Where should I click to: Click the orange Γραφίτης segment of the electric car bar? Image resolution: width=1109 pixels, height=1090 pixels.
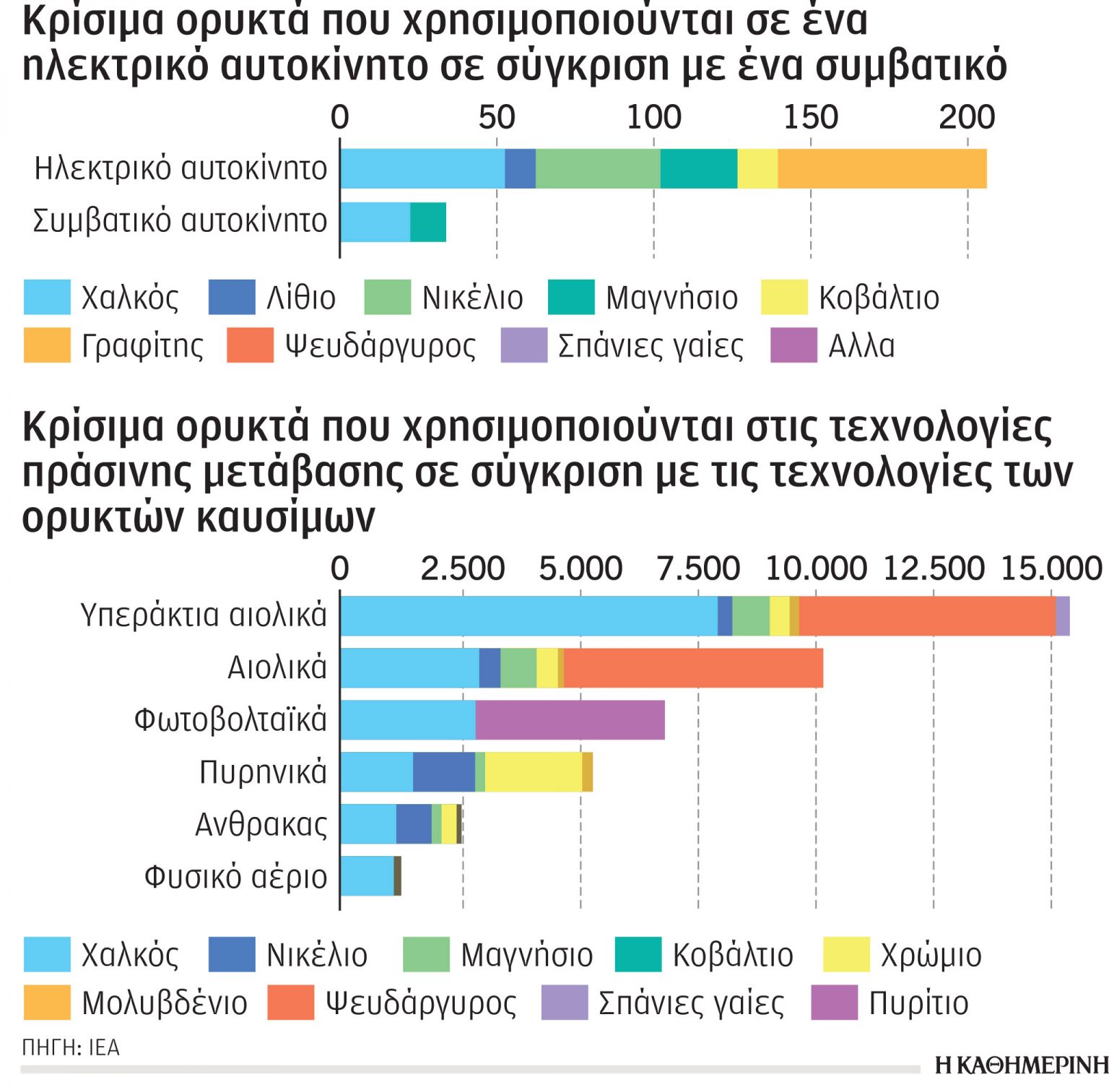pos(882,168)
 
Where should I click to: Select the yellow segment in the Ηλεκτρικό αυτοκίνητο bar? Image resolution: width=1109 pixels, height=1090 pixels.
pos(757,168)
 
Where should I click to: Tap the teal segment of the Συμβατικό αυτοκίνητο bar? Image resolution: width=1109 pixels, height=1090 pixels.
pos(427,222)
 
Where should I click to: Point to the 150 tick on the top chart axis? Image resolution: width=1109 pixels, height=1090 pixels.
pos(810,117)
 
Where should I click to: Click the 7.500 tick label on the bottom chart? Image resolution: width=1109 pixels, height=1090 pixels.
pos(697,569)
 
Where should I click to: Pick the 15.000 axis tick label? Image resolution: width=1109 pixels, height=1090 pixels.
pos(1051,569)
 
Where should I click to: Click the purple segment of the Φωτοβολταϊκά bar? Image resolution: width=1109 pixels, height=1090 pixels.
pos(570,719)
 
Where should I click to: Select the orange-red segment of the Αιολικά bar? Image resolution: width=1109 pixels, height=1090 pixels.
pos(693,667)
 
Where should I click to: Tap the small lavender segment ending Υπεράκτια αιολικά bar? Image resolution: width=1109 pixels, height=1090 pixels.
pos(1062,615)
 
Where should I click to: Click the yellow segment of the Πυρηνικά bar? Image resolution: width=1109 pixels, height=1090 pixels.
pos(533,771)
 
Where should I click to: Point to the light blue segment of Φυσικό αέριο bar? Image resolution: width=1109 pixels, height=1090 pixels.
pos(367,875)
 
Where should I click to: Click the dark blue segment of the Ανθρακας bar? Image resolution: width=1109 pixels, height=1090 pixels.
pos(414,823)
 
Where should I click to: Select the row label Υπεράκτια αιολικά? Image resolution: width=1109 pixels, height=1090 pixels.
pos(204,615)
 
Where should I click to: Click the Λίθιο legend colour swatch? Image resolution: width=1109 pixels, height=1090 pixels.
pos(232,298)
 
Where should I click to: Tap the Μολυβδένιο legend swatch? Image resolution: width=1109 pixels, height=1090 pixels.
pos(47,1003)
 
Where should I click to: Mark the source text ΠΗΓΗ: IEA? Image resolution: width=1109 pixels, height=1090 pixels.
pos(71,1047)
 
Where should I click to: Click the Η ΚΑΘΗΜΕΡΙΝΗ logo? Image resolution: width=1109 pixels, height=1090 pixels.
pos(1021,1065)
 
